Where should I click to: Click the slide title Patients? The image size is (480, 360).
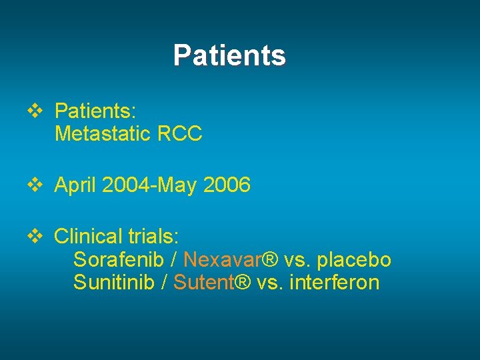click(229, 55)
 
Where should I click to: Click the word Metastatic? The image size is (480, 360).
click(103, 134)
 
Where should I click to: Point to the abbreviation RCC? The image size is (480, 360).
click(180, 134)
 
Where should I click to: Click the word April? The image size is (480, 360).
click(75, 185)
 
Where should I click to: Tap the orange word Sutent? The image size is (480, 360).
click(204, 283)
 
